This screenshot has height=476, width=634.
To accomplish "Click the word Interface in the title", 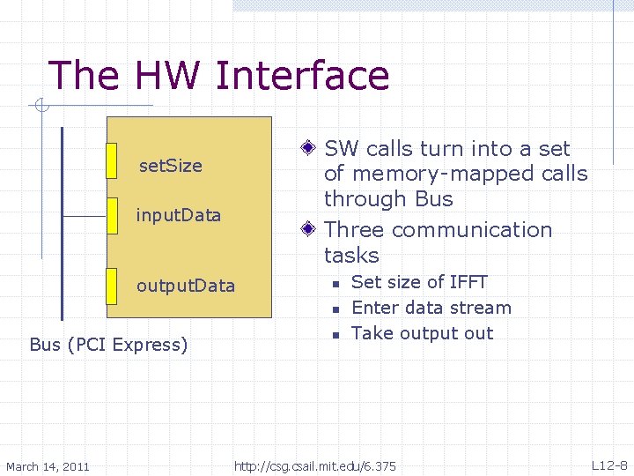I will (301, 75).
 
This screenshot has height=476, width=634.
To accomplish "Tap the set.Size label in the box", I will (171, 166).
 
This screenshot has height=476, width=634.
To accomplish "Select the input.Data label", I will (178, 215).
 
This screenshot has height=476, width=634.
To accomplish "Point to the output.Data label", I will (185, 286).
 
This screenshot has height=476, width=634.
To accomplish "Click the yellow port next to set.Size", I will (111, 160).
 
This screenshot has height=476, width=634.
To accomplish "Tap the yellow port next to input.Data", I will (111, 216).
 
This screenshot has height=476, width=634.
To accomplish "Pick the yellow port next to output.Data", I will (111, 286).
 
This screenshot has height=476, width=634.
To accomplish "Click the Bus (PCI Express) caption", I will (108, 345).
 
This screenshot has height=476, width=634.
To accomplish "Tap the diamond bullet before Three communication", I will (307, 230).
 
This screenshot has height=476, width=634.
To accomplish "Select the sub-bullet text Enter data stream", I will (431, 308).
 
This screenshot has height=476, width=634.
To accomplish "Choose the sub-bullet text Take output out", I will (422, 333).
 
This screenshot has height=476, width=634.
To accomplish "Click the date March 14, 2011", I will (48, 465).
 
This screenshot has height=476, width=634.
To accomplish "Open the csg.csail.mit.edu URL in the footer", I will (314, 465).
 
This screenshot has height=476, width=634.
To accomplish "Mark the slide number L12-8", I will (608, 465).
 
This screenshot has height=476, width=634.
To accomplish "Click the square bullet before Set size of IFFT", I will (335, 284).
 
